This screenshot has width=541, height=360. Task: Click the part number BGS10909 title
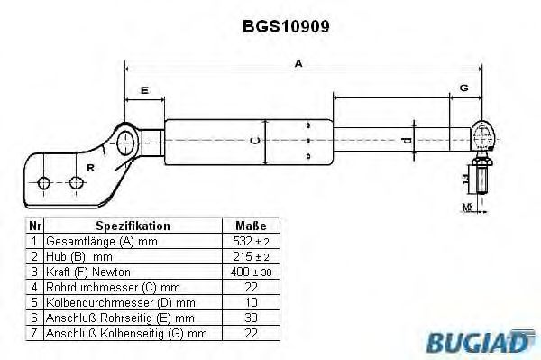(x=286, y=26)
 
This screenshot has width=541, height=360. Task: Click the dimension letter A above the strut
(x=298, y=63)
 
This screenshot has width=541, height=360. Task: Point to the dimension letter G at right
(x=463, y=88)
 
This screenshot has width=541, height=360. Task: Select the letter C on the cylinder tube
(x=255, y=140)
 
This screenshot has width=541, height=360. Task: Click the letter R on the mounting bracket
(x=89, y=167)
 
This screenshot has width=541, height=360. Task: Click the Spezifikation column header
(x=133, y=226)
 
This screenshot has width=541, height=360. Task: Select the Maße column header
(x=252, y=226)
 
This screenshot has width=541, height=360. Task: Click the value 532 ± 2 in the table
(x=252, y=242)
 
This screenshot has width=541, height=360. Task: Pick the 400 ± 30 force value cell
(x=252, y=272)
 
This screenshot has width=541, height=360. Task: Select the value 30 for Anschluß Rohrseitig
(x=252, y=318)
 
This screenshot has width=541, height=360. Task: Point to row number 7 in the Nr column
(x=33, y=333)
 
